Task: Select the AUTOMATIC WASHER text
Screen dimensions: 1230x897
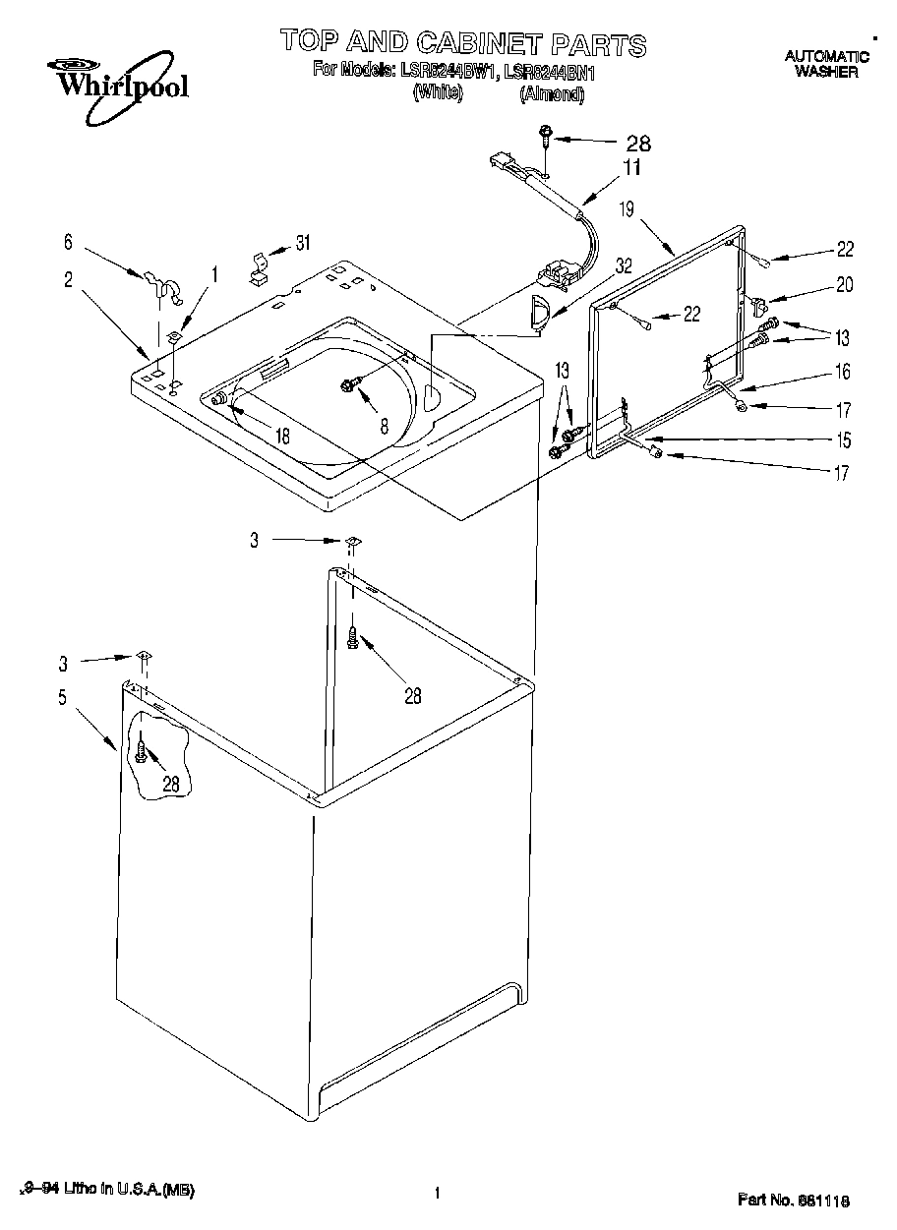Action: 826,64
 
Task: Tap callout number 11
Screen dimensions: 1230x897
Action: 630,167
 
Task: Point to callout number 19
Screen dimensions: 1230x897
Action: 628,208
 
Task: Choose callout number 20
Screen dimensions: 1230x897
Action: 844,285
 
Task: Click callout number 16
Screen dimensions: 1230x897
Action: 843,372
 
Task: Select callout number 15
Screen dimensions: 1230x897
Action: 843,439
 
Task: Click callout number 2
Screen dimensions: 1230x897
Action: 69,279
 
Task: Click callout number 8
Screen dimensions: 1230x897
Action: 384,426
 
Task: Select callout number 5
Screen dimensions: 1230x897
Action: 62,698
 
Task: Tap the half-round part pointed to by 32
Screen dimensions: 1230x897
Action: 537,312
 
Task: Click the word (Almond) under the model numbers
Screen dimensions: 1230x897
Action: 552,94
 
